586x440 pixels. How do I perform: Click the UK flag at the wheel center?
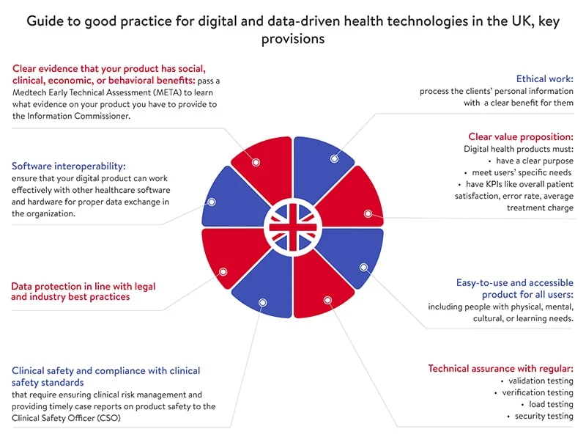coord(292,227)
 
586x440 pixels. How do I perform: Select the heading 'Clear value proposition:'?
coord(521,136)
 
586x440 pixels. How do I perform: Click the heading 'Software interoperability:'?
coord(69,166)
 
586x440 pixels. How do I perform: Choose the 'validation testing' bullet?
coord(539,381)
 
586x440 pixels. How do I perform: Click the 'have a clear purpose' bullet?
coord(535,161)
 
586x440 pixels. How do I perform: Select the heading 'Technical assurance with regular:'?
coord(501,368)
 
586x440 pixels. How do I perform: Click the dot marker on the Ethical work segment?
coord(334,158)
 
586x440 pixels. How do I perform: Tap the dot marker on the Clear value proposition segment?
coord(368,214)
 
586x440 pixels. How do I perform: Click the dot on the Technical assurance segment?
coord(327,300)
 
